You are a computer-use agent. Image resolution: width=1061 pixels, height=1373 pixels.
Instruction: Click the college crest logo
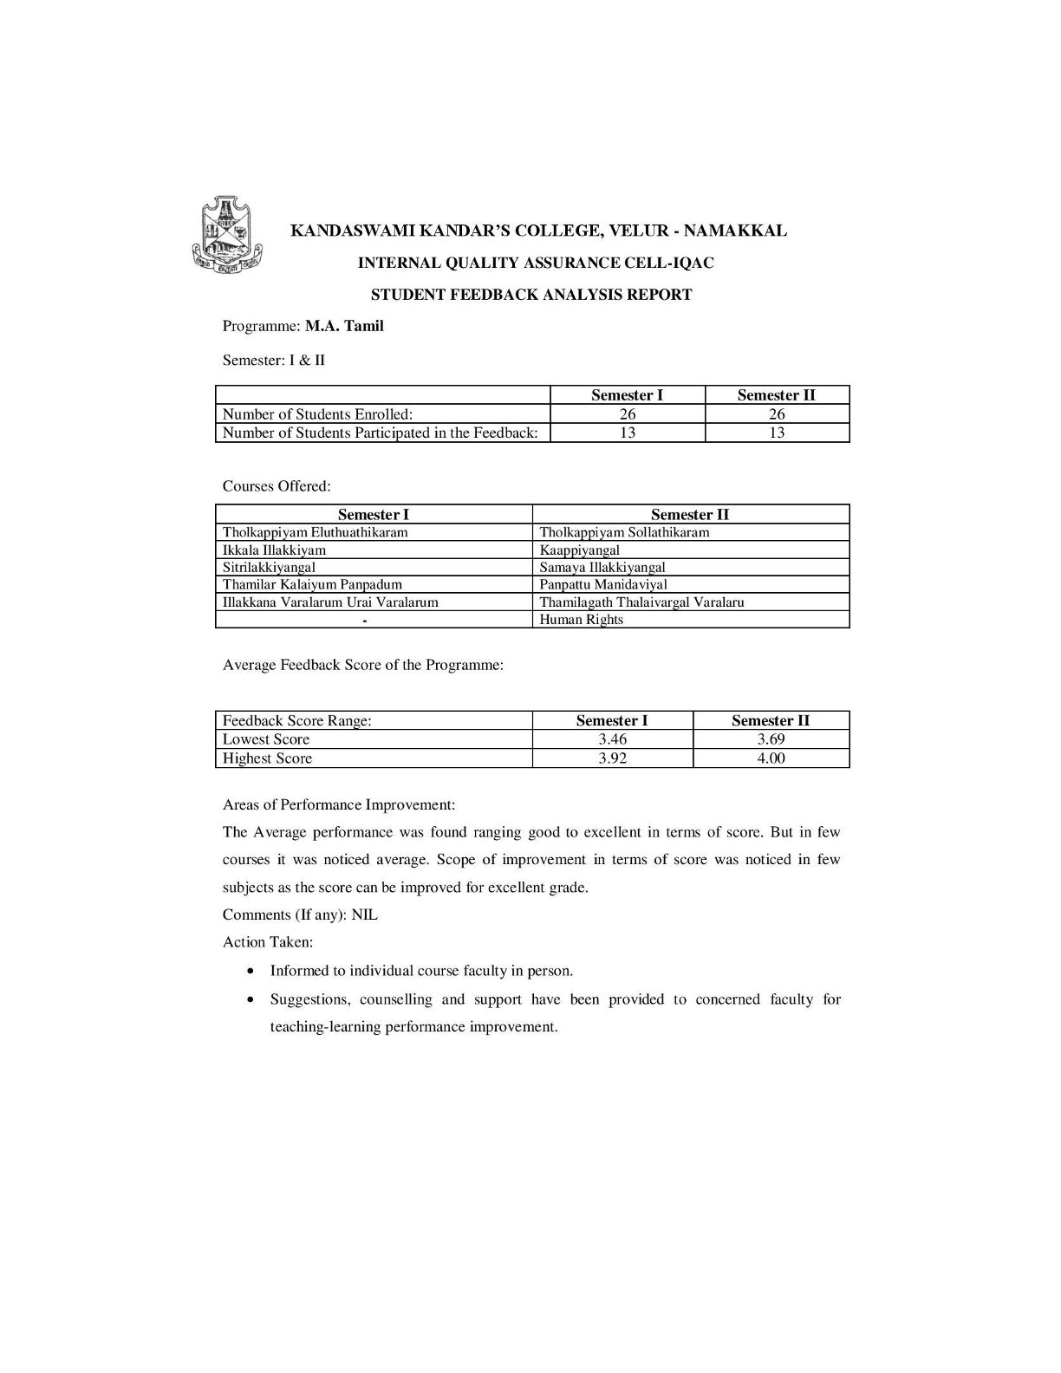point(226,232)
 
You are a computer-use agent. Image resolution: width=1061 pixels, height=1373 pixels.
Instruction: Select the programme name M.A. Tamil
point(344,327)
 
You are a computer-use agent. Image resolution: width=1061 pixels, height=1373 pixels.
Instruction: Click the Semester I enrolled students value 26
point(627,414)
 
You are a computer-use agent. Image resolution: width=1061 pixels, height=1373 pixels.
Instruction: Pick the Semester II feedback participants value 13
point(777,433)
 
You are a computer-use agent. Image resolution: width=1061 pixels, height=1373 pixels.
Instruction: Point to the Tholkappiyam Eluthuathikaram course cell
point(315,532)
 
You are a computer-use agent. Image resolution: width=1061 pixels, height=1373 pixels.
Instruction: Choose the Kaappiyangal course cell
point(579,550)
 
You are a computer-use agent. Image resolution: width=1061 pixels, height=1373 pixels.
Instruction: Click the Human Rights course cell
point(581,620)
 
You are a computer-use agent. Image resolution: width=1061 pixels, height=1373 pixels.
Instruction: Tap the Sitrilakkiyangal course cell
point(269,567)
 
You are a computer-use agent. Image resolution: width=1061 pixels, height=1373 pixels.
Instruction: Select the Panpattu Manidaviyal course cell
point(603,584)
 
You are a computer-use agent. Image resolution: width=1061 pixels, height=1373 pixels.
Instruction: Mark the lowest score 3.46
point(612,739)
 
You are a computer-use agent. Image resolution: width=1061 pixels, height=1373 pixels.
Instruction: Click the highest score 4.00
point(771,758)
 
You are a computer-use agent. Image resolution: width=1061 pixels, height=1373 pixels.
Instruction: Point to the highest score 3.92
point(612,758)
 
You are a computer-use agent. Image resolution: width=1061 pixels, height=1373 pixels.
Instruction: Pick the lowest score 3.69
point(771,739)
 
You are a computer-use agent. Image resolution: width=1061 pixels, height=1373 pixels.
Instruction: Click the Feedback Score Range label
point(296,721)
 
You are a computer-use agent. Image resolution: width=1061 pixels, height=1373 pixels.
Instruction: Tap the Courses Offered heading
point(277,486)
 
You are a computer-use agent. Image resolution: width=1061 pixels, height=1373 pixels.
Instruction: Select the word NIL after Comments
point(364,915)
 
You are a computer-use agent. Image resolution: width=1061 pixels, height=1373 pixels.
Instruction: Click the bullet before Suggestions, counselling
point(251,999)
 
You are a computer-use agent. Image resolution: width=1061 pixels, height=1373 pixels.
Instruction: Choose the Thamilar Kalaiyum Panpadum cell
point(312,584)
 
